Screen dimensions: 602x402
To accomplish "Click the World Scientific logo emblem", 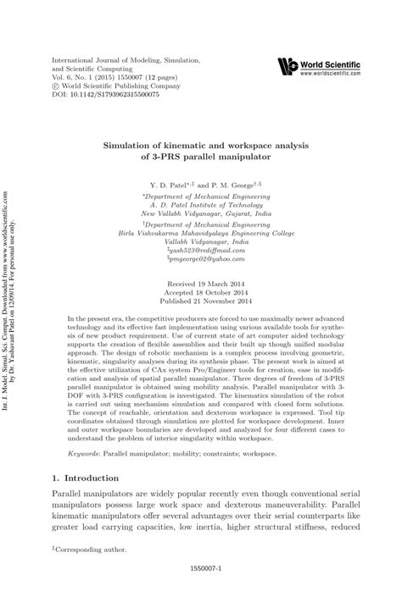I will point(289,64).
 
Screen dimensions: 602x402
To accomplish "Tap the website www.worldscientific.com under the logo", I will point(335,73).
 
